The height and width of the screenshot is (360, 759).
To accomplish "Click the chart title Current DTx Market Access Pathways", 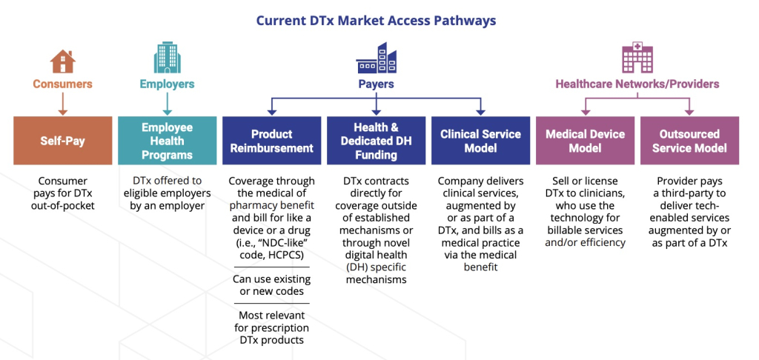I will pos(376,21).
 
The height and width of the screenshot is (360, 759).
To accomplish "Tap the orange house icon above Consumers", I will pos(62,61).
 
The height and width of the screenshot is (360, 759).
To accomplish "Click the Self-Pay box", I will pos(62,140).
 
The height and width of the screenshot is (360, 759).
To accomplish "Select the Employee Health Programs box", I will pos(167,140).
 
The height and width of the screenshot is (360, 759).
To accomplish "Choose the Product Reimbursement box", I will pos(271,140).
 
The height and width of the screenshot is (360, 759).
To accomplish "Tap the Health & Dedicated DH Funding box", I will pos(376,140).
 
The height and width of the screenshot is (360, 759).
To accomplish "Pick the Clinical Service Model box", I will pos(480,140).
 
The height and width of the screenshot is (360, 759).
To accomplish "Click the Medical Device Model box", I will pos(585,140).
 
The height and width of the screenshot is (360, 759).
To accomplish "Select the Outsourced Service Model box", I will pos(689,140).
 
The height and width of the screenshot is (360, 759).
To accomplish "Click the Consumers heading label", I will pos(62,84).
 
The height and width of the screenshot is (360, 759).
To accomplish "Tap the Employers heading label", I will pos(167,84).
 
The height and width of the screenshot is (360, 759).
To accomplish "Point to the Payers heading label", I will pos(376,84).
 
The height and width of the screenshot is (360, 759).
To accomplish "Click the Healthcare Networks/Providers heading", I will pos(637,84).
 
